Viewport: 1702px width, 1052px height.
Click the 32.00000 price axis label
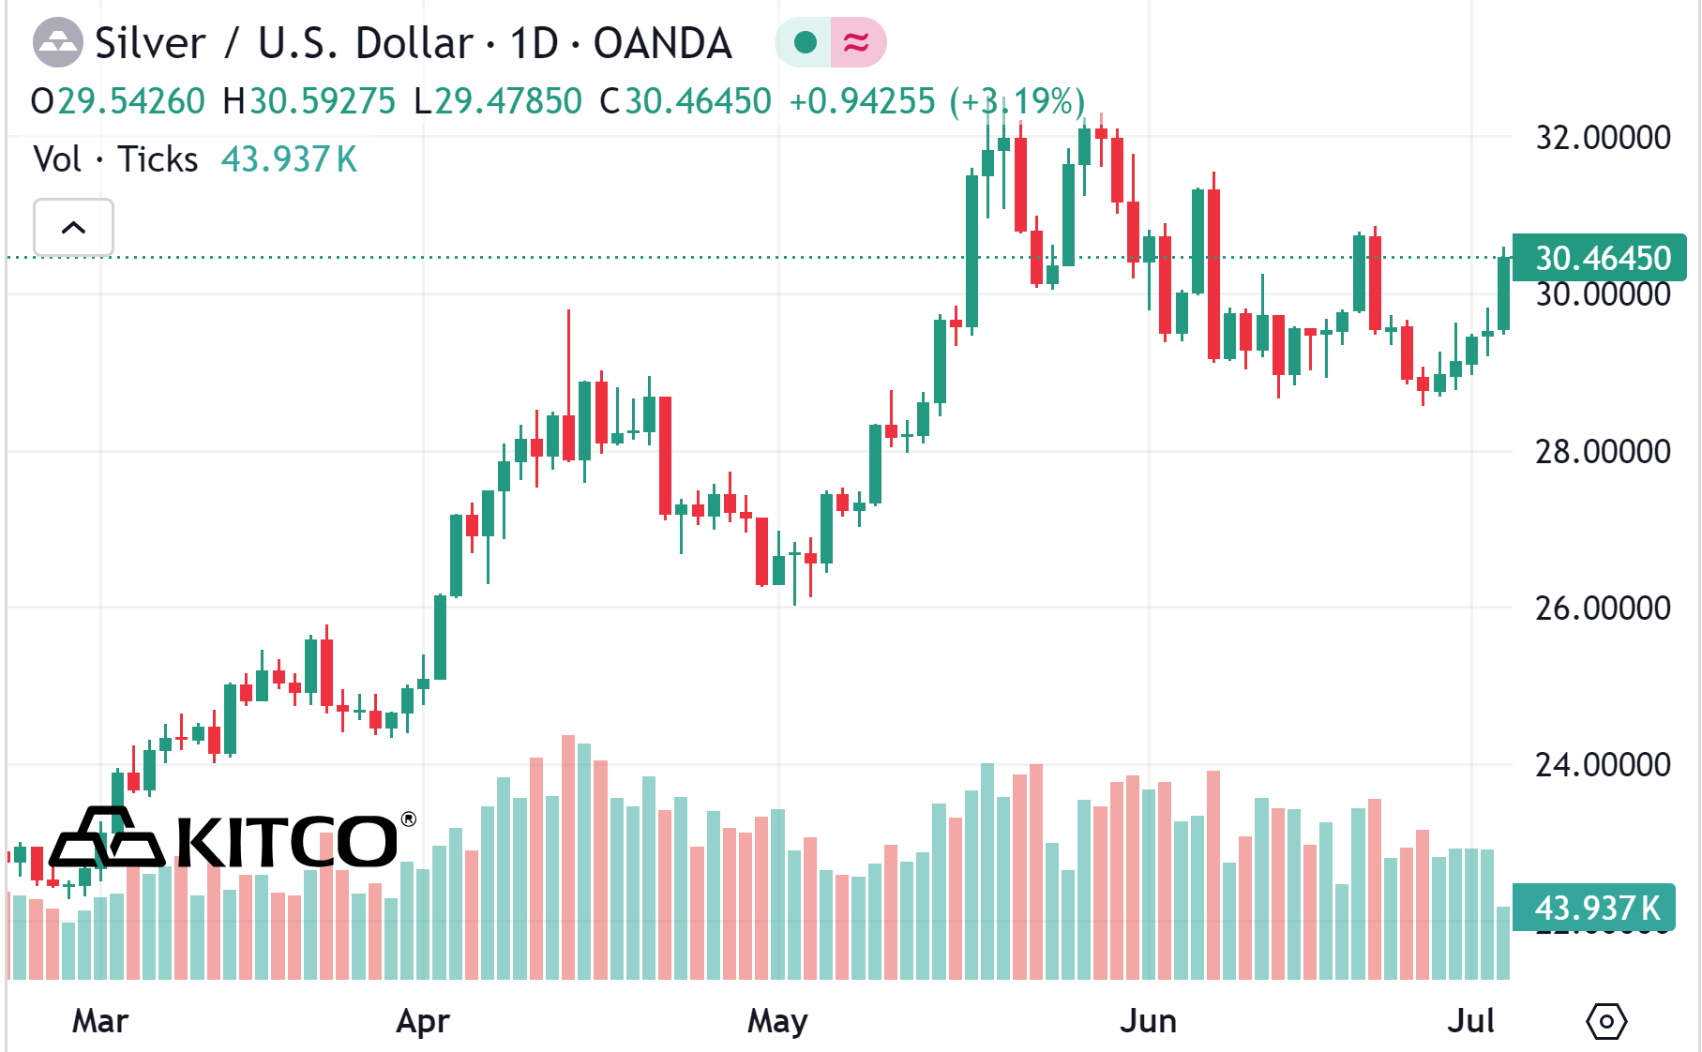[x=1602, y=138]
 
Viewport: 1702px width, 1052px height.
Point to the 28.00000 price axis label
[x=1602, y=452]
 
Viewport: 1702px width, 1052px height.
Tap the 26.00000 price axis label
[x=1602, y=609]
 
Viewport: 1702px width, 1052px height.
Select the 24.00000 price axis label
[x=1602, y=765]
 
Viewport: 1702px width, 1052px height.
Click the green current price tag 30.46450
[x=1601, y=258]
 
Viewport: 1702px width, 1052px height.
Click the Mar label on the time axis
[x=100, y=1021]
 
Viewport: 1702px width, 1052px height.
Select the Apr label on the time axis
[x=423, y=1021]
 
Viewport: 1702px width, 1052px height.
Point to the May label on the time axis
[x=777, y=1021]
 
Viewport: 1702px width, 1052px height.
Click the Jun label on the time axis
[x=1148, y=1021]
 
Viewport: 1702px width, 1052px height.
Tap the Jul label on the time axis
[x=1470, y=1021]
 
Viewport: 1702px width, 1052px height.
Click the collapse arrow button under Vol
[x=73, y=227]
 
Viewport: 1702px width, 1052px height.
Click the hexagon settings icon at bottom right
[x=1606, y=1021]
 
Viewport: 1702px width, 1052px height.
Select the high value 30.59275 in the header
[x=322, y=101]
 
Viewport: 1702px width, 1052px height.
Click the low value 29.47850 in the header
[x=508, y=101]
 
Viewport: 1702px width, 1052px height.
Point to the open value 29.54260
[x=131, y=101]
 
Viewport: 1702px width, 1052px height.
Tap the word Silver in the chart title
[x=150, y=43]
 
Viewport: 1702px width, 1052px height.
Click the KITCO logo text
[x=286, y=841]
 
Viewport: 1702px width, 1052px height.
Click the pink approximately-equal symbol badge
[x=857, y=42]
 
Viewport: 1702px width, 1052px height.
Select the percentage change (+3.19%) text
[x=1017, y=101]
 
